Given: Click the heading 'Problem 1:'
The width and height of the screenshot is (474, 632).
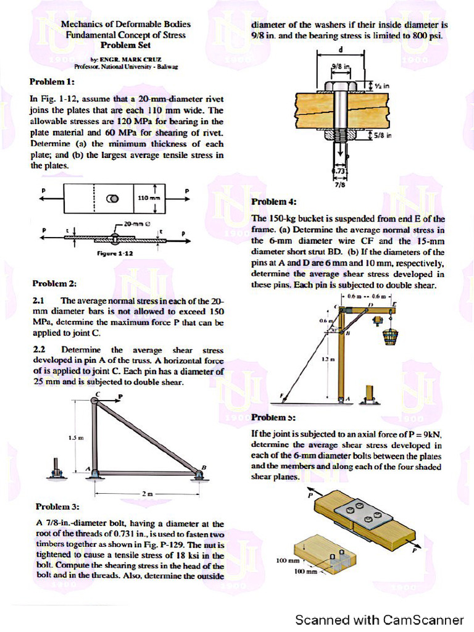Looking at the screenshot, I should click(52, 81).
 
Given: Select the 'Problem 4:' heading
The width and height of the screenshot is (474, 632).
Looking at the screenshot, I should click(274, 202).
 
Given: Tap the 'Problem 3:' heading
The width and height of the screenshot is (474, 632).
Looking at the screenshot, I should click(57, 507).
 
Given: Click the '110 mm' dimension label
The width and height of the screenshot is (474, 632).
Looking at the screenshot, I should click(148, 197).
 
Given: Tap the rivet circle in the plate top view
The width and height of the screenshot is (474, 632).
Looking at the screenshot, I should click(114, 199).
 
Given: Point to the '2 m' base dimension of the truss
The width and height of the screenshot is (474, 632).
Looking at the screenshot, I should click(146, 494).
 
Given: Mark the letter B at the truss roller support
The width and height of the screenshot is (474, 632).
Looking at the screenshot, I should click(204, 466).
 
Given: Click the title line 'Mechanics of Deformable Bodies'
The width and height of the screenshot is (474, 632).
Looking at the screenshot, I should click(125, 24).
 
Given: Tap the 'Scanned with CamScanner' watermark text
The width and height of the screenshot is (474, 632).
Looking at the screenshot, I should click(379, 619).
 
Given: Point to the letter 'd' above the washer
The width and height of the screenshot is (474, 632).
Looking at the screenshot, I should click(340, 49).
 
